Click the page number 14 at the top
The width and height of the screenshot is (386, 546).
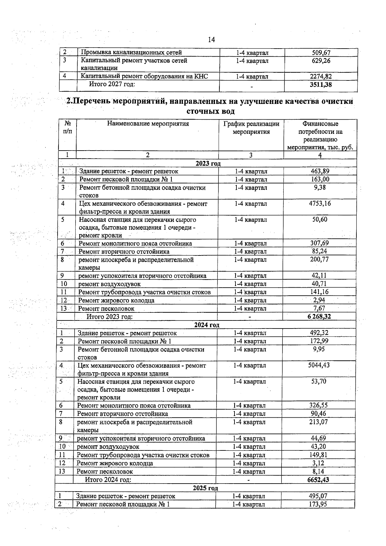coord(211,40)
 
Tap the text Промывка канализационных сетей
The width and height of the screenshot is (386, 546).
coord(131,52)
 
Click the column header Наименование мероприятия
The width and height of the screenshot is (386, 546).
coord(148,124)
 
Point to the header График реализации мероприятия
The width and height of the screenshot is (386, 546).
coord(251,128)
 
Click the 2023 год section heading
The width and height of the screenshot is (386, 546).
coord(208,163)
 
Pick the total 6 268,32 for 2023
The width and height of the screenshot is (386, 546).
coord(318,317)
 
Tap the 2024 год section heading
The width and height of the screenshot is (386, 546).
coord(207,325)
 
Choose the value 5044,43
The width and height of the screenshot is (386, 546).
coord(318,365)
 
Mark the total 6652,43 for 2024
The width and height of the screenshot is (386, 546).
coord(318,480)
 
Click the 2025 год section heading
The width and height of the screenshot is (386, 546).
coord(205,488)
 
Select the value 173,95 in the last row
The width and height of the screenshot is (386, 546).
coord(318,504)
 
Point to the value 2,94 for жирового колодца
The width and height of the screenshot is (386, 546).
coord(319,300)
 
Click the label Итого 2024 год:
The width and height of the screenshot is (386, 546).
coord(108,480)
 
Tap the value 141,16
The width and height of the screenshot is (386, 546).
coord(319,292)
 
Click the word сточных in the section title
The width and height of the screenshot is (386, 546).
coord(199,112)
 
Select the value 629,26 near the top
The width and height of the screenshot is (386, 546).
coord(321,61)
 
